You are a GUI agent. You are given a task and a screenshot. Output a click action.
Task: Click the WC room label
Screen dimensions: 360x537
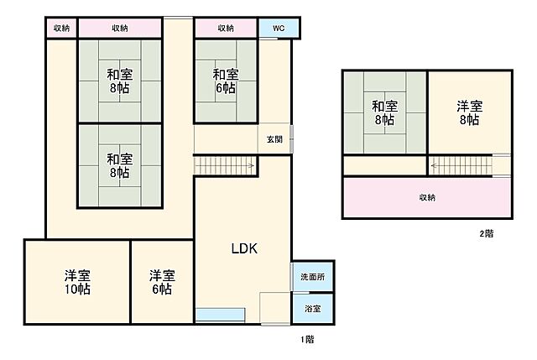pos(277,29)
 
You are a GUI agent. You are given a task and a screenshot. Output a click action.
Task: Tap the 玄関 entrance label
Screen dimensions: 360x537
pos(274,138)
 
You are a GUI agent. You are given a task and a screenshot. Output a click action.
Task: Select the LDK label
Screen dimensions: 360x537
pos(244,248)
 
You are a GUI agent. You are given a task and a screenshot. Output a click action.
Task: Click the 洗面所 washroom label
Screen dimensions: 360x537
pos(312,276)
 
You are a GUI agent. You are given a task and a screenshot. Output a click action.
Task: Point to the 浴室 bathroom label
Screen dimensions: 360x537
pos(312,308)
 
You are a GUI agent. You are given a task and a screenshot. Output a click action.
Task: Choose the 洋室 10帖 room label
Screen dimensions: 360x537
pos(77,282)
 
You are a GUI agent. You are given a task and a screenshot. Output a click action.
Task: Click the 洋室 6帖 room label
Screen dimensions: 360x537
pos(161,282)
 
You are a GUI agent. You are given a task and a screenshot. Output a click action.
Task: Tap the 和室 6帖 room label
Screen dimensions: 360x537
pos(224,81)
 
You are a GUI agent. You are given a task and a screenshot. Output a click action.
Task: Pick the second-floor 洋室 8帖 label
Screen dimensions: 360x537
pos(469,112)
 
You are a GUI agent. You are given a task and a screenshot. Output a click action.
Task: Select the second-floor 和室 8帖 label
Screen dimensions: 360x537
pos(384,112)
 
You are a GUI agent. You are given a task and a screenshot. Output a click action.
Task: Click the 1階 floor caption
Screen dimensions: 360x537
pos(308,340)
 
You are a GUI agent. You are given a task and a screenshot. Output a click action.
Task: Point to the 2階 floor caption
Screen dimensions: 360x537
pos(486,233)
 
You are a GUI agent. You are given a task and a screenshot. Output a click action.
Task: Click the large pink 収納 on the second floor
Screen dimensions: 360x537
pos(427,198)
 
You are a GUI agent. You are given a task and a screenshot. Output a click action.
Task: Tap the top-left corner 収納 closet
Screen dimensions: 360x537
pos(61,29)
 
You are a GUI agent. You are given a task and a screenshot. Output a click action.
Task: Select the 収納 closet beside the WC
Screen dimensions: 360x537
pos(226,29)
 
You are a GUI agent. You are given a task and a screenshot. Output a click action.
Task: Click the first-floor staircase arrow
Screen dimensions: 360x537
pos(225,166)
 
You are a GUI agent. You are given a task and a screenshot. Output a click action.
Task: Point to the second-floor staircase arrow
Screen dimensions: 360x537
pos(460,166)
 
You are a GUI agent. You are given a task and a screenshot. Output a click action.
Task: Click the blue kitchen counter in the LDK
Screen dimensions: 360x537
pos(221,315)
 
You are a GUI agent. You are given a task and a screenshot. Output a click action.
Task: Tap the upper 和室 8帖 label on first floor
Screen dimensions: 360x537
pos(119,81)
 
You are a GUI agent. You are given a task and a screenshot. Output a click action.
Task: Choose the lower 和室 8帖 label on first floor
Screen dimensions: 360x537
pos(119,164)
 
